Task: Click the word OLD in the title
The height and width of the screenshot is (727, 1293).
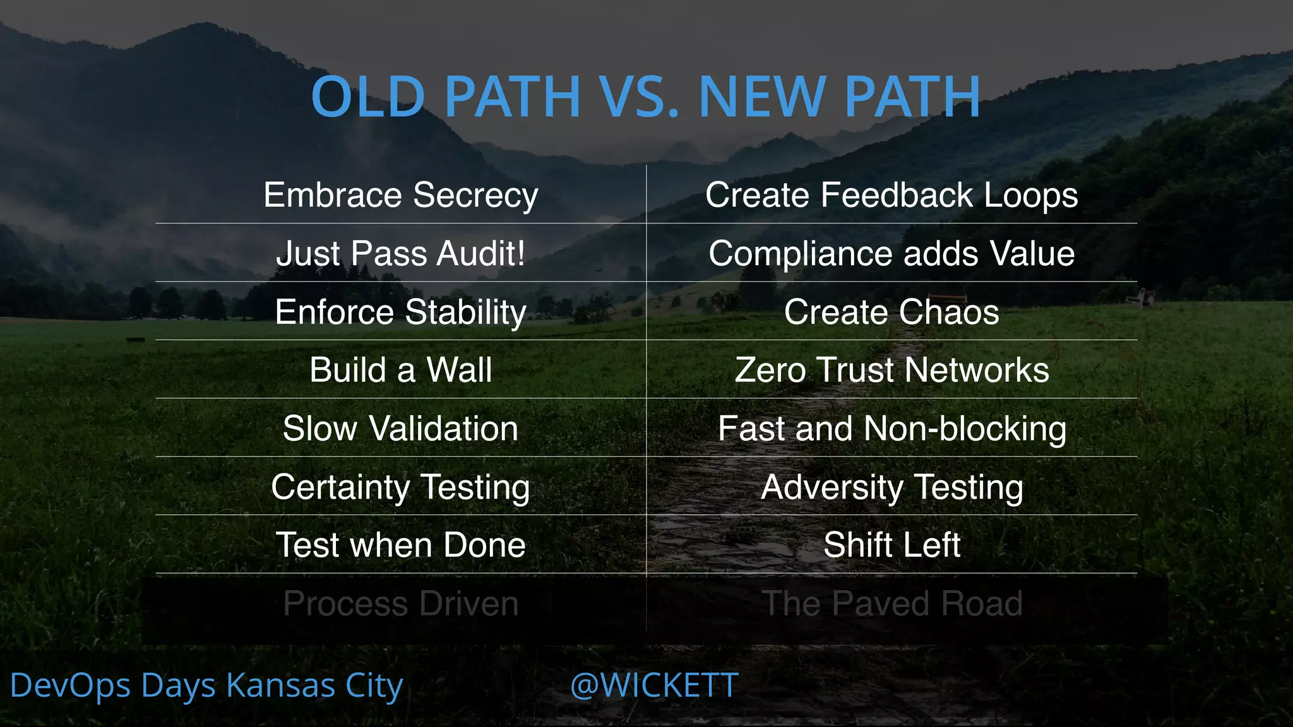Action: point(368,97)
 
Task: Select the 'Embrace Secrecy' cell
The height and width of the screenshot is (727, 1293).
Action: point(401,195)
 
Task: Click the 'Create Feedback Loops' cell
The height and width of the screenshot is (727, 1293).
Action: point(891,195)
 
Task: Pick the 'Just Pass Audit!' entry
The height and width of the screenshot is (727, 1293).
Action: point(401,254)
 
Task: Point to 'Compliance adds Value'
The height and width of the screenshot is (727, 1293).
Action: point(891,254)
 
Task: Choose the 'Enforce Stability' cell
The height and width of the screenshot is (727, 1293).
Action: point(401,312)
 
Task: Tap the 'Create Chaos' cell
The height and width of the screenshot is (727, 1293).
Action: point(891,312)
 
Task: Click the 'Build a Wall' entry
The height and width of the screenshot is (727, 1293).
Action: point(401,370)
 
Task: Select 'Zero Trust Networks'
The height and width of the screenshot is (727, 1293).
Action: point(891,370)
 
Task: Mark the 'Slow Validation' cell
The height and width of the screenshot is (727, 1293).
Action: point(401,429)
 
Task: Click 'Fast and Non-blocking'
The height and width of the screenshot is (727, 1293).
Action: point(891,429)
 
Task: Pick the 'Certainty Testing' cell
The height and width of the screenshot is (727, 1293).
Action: point(401,487)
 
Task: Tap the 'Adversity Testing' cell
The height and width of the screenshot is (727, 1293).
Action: point(891,487)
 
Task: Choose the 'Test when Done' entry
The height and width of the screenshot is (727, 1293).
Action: point(401,545)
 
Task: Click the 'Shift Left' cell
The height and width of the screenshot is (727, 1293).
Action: point(891,545)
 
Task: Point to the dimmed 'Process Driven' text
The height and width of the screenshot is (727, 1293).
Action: point(401,604)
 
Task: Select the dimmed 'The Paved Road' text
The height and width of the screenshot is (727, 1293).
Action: point(891,604)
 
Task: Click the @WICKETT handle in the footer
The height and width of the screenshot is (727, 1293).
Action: point(654,685)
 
